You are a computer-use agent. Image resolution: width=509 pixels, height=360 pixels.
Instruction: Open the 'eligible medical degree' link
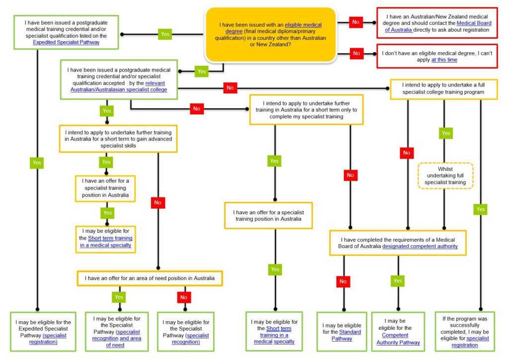point(303,25)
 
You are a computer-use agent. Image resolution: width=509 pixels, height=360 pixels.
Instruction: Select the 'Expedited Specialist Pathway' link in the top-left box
point(66,42)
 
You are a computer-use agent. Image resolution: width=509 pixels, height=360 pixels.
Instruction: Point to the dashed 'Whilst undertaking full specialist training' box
point(445,176)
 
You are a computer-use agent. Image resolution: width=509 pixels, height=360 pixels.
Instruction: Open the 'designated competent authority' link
point(420,246)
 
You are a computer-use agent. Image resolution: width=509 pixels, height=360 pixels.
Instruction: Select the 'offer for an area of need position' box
point(150,278)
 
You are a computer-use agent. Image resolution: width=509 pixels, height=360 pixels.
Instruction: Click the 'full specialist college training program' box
point(443,90)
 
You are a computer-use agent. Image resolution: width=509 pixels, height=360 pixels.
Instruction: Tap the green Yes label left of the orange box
point(165,34)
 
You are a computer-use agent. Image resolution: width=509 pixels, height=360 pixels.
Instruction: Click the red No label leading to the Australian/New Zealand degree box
point(356,22)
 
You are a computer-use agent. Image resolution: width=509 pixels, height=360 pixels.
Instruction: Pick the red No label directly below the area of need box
point(184,297)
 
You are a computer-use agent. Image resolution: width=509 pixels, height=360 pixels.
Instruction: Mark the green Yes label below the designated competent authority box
point(398,280)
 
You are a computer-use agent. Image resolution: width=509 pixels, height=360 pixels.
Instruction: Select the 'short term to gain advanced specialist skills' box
point(118,139)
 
